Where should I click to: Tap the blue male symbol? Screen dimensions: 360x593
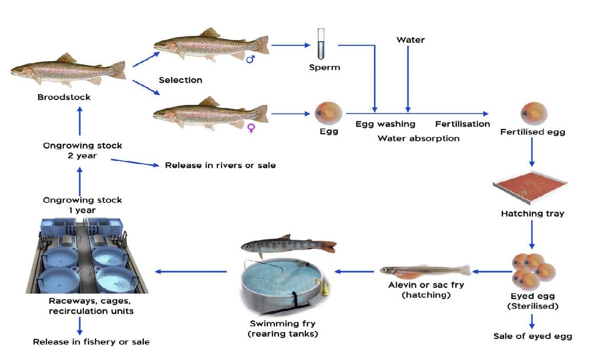click(251, 59)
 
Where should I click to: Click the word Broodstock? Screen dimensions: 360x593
click(64, 97)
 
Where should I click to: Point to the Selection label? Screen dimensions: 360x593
click(180, 80)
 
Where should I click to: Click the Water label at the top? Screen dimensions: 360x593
click(411, 40)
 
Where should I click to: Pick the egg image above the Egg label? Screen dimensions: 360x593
click(328, 111)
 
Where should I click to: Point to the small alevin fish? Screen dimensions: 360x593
click(424, 271)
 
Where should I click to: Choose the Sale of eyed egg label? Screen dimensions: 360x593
click(532, 336)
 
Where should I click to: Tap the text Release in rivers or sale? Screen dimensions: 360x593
click(220, 165)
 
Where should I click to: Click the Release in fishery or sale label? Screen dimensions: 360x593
click(91, 341)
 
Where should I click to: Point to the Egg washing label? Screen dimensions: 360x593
click(385, 124)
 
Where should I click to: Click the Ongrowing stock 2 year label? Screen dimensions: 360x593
click(82, 150)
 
